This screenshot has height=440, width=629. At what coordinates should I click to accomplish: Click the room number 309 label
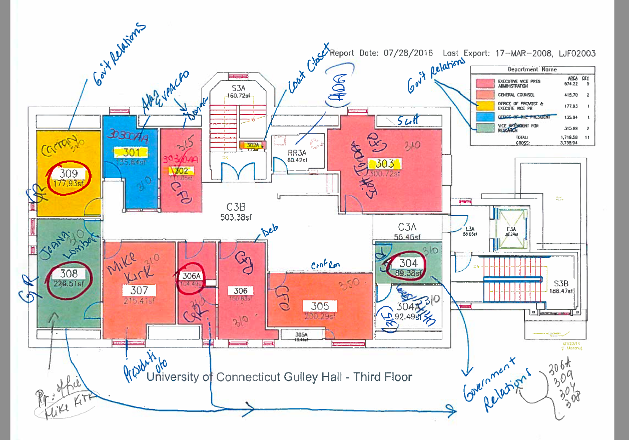pos(69,174)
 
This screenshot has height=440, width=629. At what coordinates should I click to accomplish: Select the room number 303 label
pos(385,164)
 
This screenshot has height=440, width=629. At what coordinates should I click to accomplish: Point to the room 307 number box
pos(139,290)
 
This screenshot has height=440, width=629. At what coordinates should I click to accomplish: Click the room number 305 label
pos(320,306)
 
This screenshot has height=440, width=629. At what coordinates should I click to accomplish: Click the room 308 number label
pos(69,273)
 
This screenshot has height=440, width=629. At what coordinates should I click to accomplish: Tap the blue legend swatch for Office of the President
pos(484,117)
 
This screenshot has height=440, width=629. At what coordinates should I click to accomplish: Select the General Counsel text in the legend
pos(515,95)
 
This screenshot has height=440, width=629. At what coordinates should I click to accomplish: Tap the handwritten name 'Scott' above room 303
pos(407,121)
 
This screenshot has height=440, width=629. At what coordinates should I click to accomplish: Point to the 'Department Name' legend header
pos(532,70)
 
